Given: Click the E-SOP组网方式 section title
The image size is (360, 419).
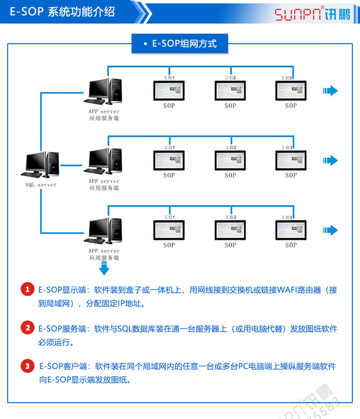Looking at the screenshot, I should [180, 44].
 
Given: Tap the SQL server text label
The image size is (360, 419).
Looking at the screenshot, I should [41, 185].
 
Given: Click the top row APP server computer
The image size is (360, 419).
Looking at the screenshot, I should [104, 91].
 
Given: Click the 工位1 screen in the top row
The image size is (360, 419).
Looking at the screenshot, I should [169, 90].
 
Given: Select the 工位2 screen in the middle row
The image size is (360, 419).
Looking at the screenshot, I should [230, 160].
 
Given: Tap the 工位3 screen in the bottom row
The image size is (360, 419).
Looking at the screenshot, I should [291, 229].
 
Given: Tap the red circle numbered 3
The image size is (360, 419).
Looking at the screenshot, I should [27, 366].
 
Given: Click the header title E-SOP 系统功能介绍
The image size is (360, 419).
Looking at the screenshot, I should [62, 12].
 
